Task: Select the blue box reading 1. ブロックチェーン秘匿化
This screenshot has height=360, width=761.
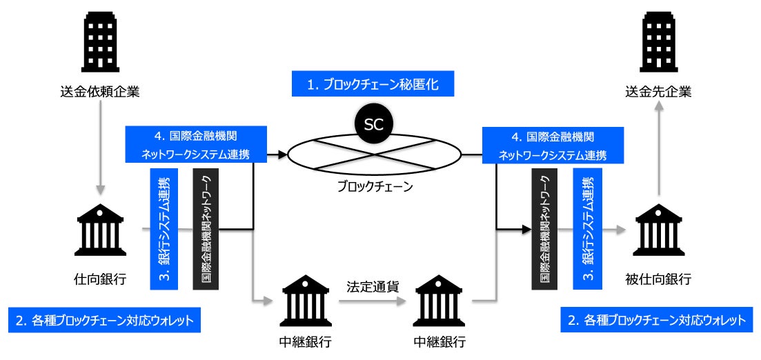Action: [x=373, y=85]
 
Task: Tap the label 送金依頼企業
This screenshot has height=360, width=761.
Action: [x=100, y=92]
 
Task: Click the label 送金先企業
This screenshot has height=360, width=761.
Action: [x=658, y=92]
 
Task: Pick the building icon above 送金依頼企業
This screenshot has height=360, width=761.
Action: [x=100, y=42]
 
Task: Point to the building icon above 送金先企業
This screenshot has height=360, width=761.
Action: [x=658, y=42]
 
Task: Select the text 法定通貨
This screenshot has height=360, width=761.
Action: [x=373, y=286]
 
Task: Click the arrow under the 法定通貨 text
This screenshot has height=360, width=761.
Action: [x=373, y=301]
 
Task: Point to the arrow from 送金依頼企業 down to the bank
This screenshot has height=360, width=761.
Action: [x=101, y=148]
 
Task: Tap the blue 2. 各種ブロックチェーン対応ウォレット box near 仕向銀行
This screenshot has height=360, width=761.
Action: [x=104, y=320]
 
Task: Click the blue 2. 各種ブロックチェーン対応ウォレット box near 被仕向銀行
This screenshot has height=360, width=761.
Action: [x=657, y=320]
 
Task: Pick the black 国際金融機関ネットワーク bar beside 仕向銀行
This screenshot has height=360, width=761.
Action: [x=206, y=229]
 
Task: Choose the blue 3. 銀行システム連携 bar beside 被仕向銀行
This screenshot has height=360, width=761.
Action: [x=587, y=229]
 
